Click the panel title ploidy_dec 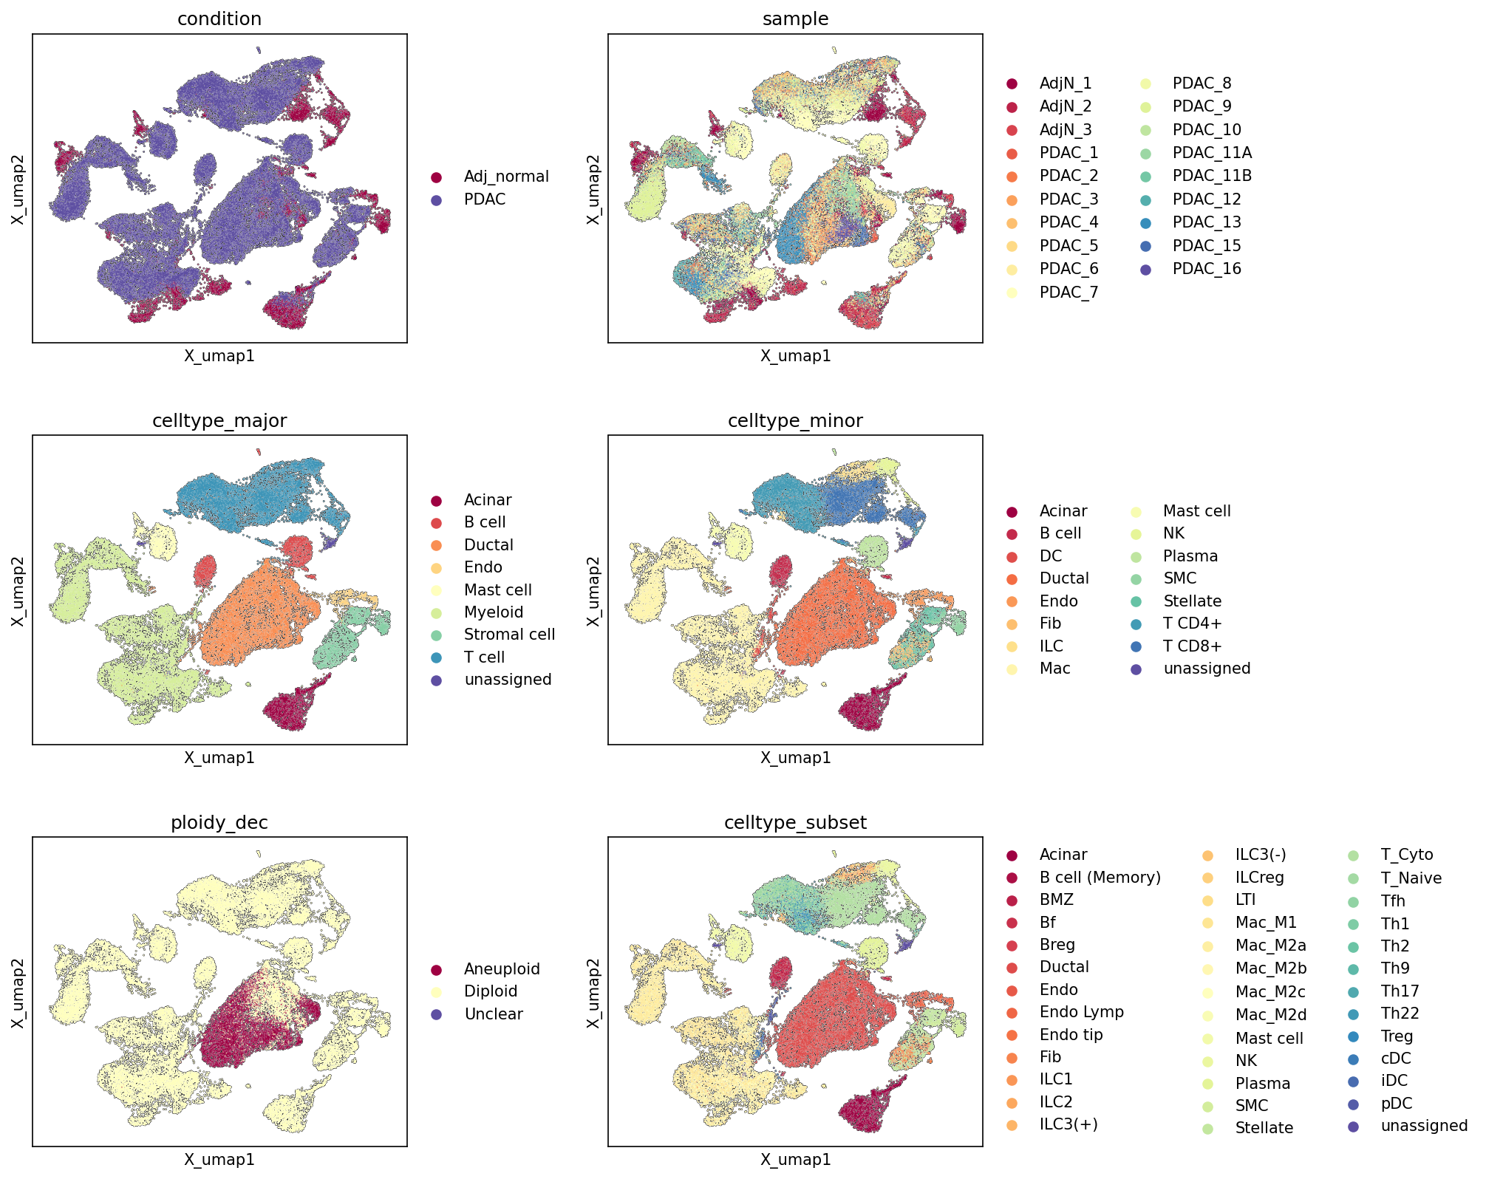[x=219, y=823]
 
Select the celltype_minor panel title [x=795, y=421]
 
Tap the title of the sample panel [x=795, y=19]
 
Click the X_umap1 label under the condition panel [x=219, y=356]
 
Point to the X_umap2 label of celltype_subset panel [x=593, y=992]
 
